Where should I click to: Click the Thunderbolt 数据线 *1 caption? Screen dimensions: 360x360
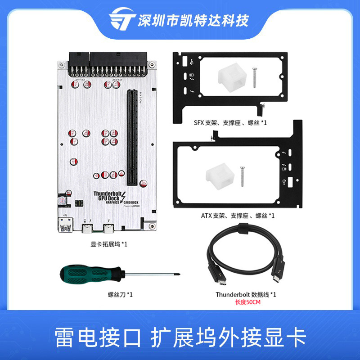(246, 294)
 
